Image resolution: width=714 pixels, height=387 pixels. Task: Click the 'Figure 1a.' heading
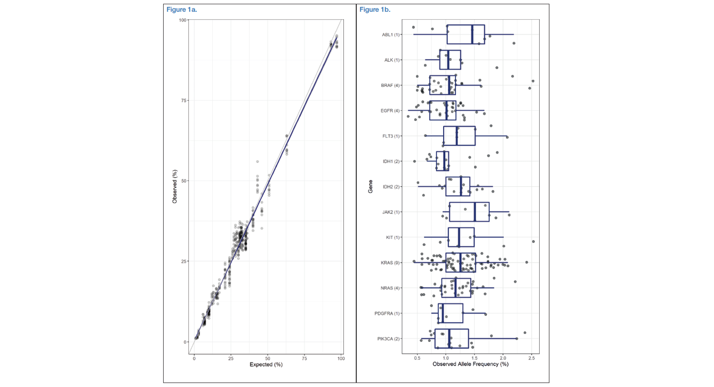[182, 9]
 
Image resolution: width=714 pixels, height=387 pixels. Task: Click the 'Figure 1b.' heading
[375, 9]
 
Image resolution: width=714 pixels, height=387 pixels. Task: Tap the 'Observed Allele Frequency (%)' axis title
[470, 364]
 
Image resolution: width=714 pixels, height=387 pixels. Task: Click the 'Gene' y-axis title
[371, 186]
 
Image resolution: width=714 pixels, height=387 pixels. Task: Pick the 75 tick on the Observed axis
[182, 101]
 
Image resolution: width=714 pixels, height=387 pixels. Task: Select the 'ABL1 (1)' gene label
[391, 35]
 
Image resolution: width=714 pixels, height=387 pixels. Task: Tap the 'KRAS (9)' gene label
[390, 262]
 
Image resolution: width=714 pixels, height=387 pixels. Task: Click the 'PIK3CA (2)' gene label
[389, 339]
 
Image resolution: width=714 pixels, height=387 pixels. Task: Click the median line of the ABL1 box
[472, 35]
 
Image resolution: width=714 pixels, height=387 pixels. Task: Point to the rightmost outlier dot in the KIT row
[533, 241]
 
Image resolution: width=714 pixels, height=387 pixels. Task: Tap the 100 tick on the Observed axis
[182, 20]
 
